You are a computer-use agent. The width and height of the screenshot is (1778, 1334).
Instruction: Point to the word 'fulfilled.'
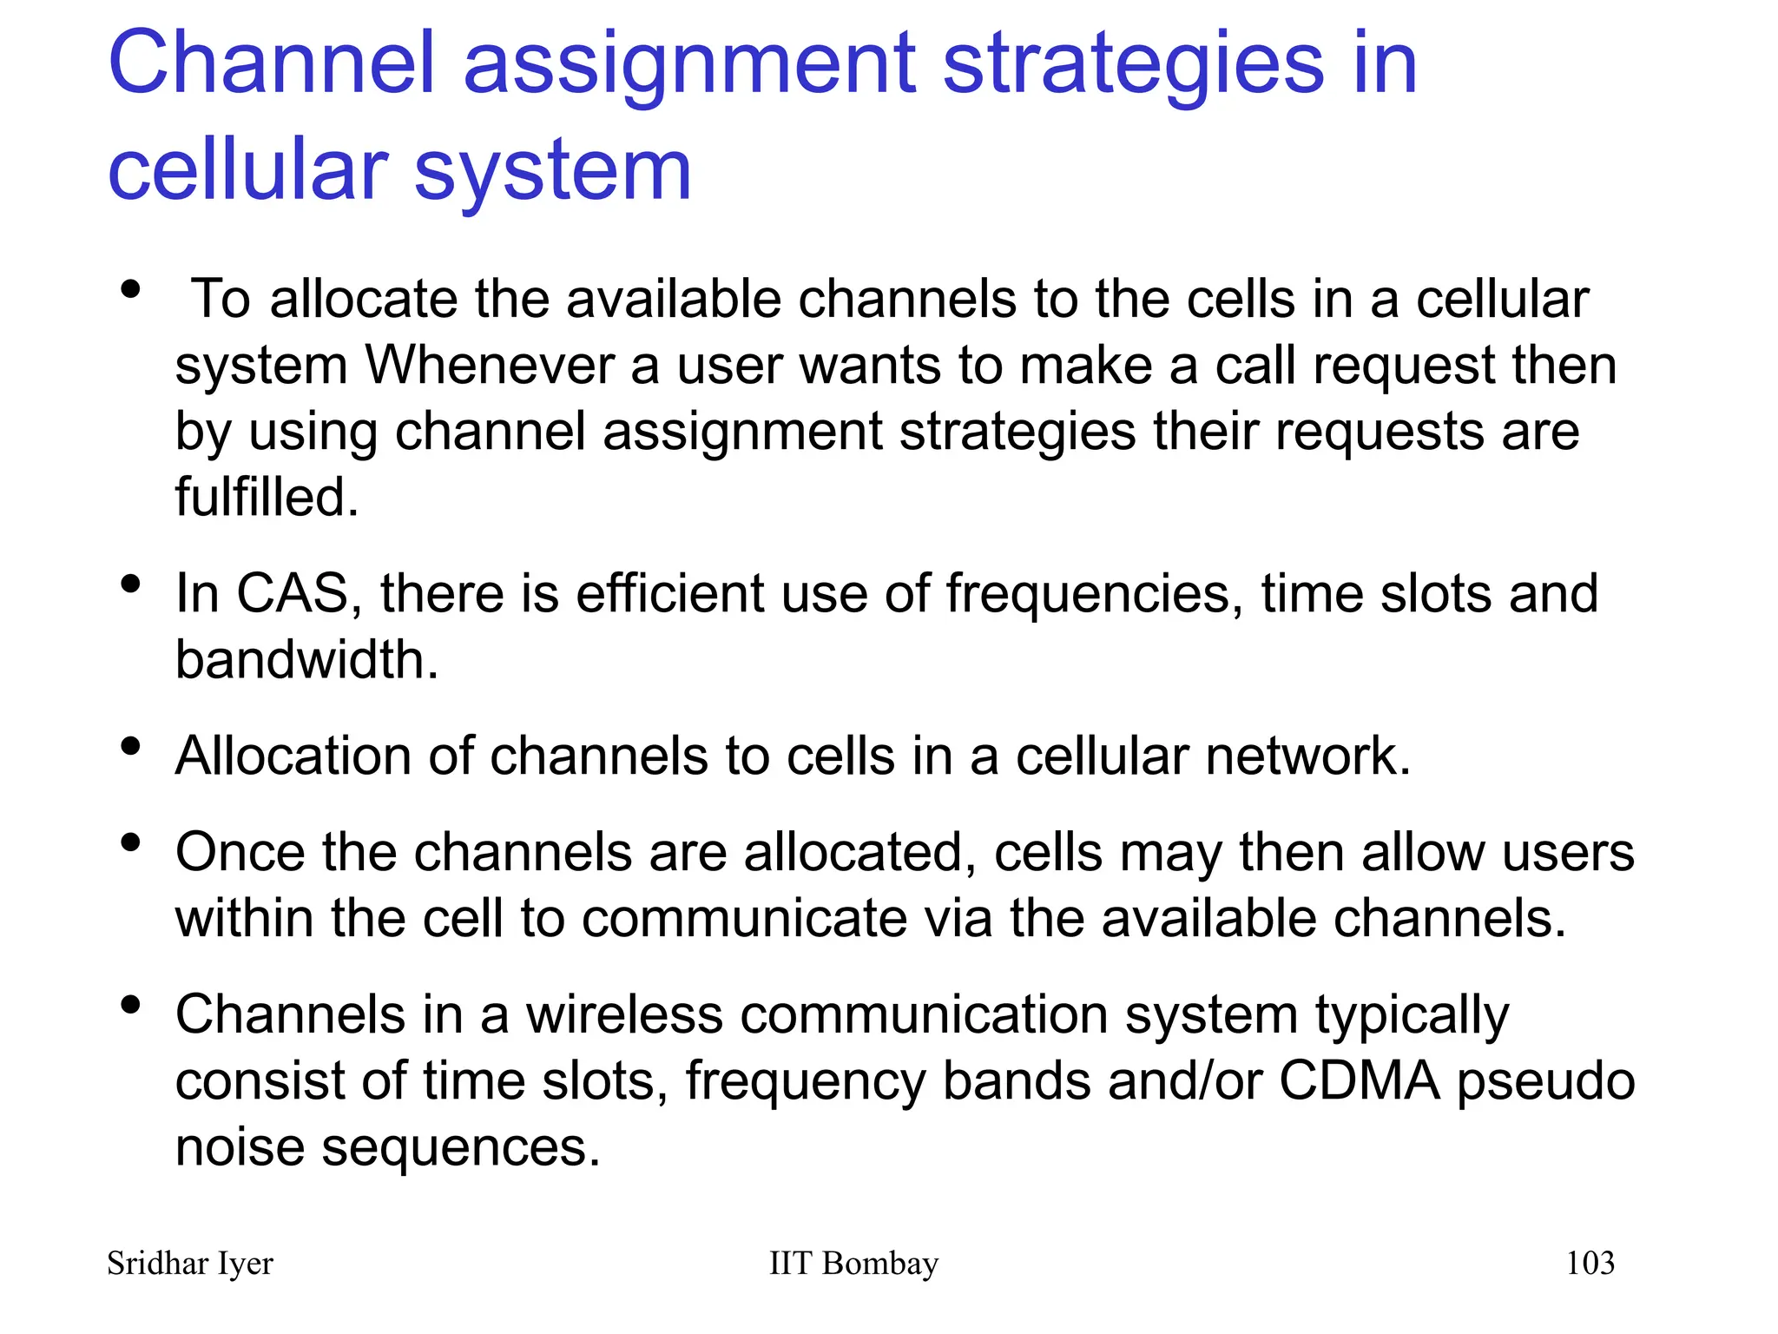pyautogui.click(x=267, y=497)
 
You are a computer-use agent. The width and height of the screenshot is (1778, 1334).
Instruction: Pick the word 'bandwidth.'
pyautogui.click(x=307, y=660)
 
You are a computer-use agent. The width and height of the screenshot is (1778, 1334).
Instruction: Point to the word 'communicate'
pyautogui.click(x=744, y=919)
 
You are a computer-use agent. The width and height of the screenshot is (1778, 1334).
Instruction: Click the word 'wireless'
pyautogui.click(x=624, y=1014)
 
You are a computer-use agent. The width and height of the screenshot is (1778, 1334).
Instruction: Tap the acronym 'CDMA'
pyautogui.click(x=1359, y=1081)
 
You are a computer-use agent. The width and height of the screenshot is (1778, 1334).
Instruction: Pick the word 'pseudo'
pyautogui.click(x=1545, y=1083)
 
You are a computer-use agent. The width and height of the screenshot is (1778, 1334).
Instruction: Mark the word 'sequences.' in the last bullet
pyautogui.click(x=461, y=1149)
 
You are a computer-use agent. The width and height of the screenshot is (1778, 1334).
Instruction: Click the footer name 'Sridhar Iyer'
pyautogui.click(x=189, y=1264)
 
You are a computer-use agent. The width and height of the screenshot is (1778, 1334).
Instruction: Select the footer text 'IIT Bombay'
pyautogui.click(x=853, y=1264)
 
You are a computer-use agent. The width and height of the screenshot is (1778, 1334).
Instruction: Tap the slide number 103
pyautogui.click(x=1590, y=1264)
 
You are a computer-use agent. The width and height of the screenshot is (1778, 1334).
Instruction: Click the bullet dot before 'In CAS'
pyautogui.click(x=131, y=584)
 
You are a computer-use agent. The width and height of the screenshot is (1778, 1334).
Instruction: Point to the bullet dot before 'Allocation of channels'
pyautogui.click(x=131, y=745)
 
